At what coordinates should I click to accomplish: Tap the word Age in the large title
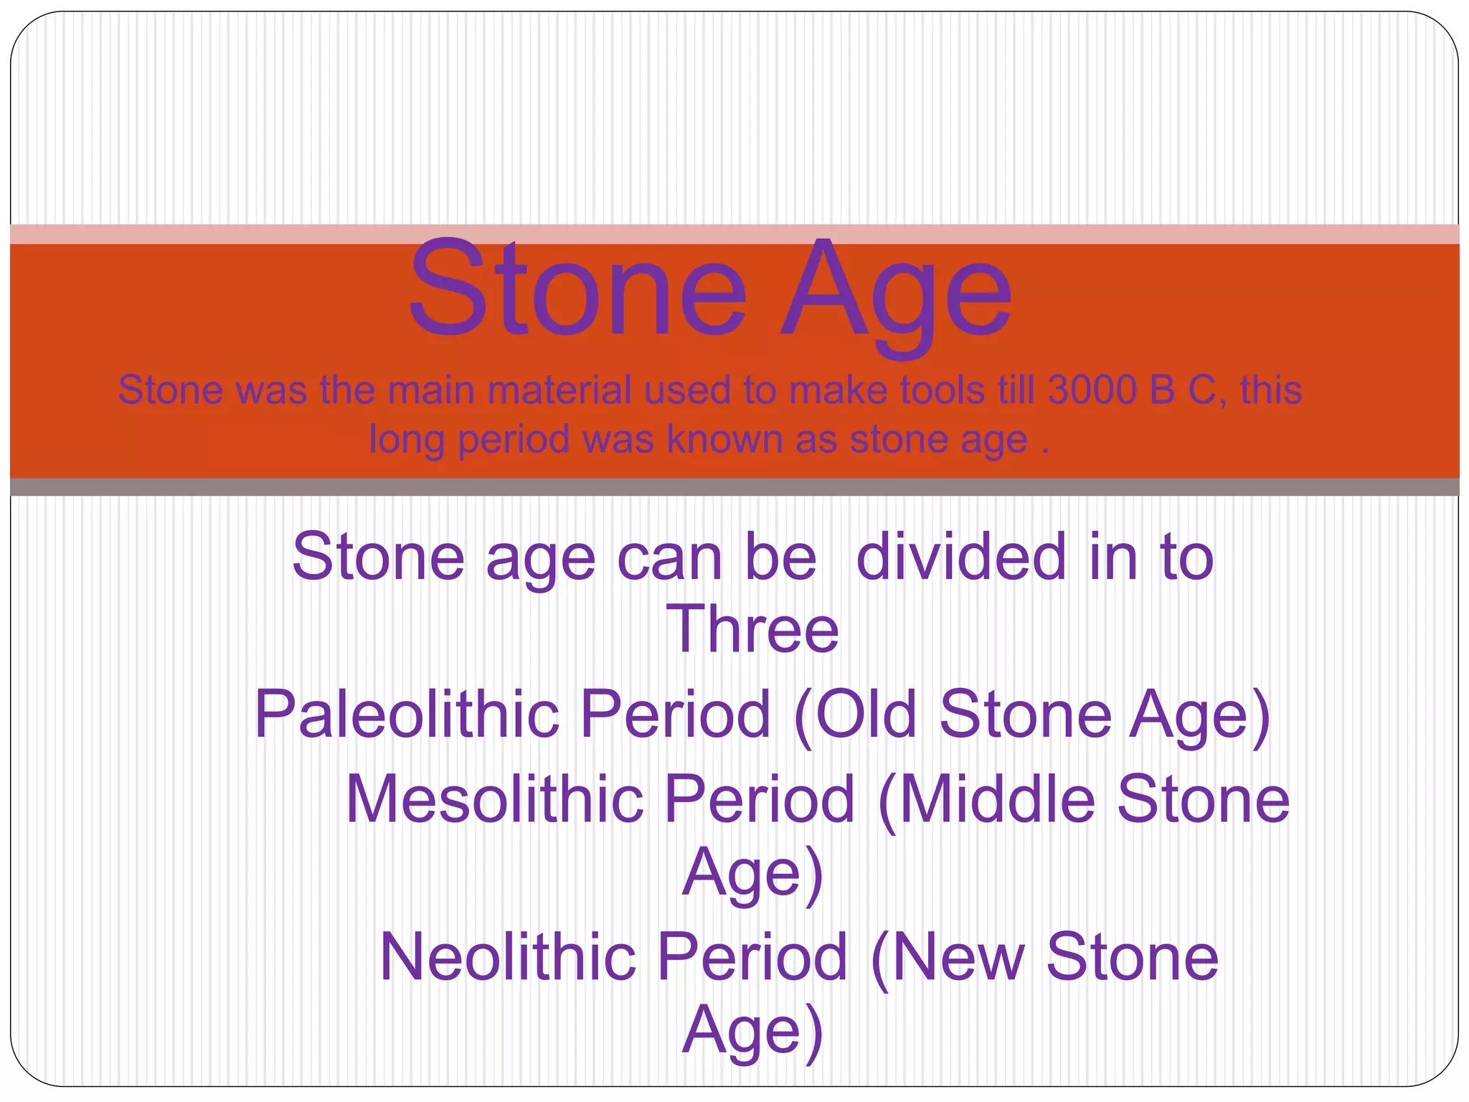click(897, 294)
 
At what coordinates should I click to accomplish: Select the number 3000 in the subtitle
click(1092, 391)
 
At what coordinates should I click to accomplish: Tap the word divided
click(961, 557)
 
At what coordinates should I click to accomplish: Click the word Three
click(752, 629)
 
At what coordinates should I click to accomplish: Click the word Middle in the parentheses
click(997, 799)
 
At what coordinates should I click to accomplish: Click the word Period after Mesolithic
click(760, 799)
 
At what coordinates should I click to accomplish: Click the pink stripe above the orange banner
click(734, 234)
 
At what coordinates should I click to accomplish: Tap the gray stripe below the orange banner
click(734, 487)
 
